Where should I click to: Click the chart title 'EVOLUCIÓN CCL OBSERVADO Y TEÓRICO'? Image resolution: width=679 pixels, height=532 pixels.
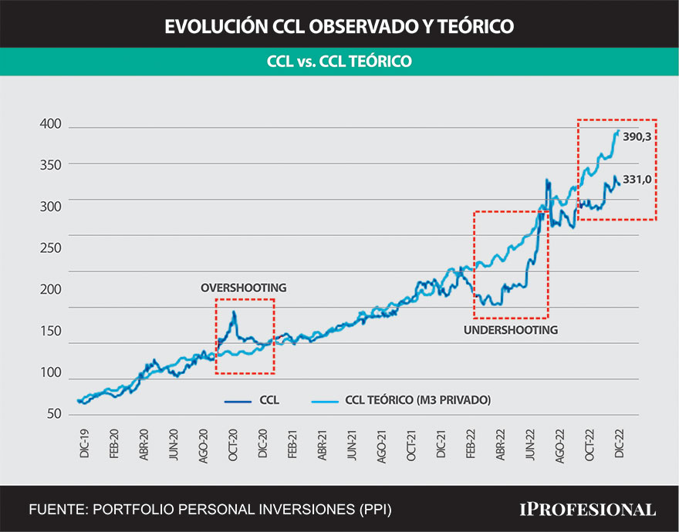click(x=339, y=26)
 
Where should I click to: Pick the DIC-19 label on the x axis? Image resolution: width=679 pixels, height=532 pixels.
click(x=84, y=442)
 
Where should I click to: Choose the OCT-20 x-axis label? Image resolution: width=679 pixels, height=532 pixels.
click(x=232, y=442)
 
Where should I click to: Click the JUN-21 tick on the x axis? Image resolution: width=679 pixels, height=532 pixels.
click(x=352, y=442)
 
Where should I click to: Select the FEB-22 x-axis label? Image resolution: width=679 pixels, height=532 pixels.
click(x=471, y=442)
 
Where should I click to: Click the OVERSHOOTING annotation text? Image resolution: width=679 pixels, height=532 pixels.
click(x=243, y=288)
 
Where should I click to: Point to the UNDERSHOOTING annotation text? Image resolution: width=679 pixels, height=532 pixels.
click(x=511, y=330)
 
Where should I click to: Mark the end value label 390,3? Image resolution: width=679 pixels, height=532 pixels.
click(x=637, y=136)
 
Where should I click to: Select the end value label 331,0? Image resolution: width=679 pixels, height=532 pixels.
click(x=637, y=179)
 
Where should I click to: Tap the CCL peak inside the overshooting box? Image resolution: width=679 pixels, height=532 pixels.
click(x=234, y=312)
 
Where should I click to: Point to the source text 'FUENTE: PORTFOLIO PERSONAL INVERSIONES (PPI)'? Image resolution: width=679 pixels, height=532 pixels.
click(x=210, y=510)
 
